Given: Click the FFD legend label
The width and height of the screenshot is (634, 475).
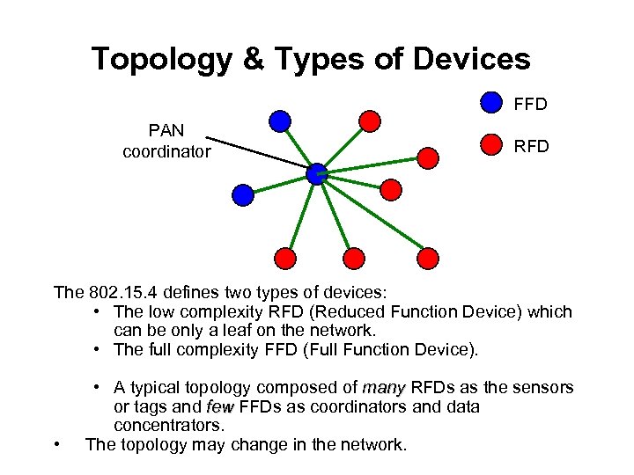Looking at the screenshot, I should pyautogui.click(x=531, y=105).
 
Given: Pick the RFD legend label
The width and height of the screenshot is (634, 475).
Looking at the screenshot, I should pyautogui.click(x=531, y=146).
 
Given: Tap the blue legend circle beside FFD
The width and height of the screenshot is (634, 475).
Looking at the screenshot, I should pyautogui.click(x=491, y=103).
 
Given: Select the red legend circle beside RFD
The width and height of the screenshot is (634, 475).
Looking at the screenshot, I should pyautogui.click(x=491, y=144).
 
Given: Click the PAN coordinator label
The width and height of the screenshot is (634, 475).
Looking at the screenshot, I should pyautogui.click(x=166, y=141).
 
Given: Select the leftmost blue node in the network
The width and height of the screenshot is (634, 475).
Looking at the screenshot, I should pyautogui.click(x=243, y=194).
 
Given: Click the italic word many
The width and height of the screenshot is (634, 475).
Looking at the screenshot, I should pyautogui.click(x=383, y=388).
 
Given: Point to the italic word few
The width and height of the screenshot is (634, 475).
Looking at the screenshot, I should pyautogui.click(x=219, y=407).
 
